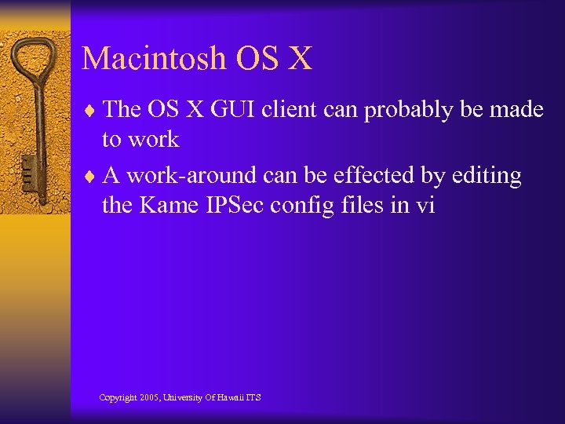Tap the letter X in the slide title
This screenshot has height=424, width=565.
[299, 59]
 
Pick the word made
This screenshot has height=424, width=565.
[516, 110]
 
